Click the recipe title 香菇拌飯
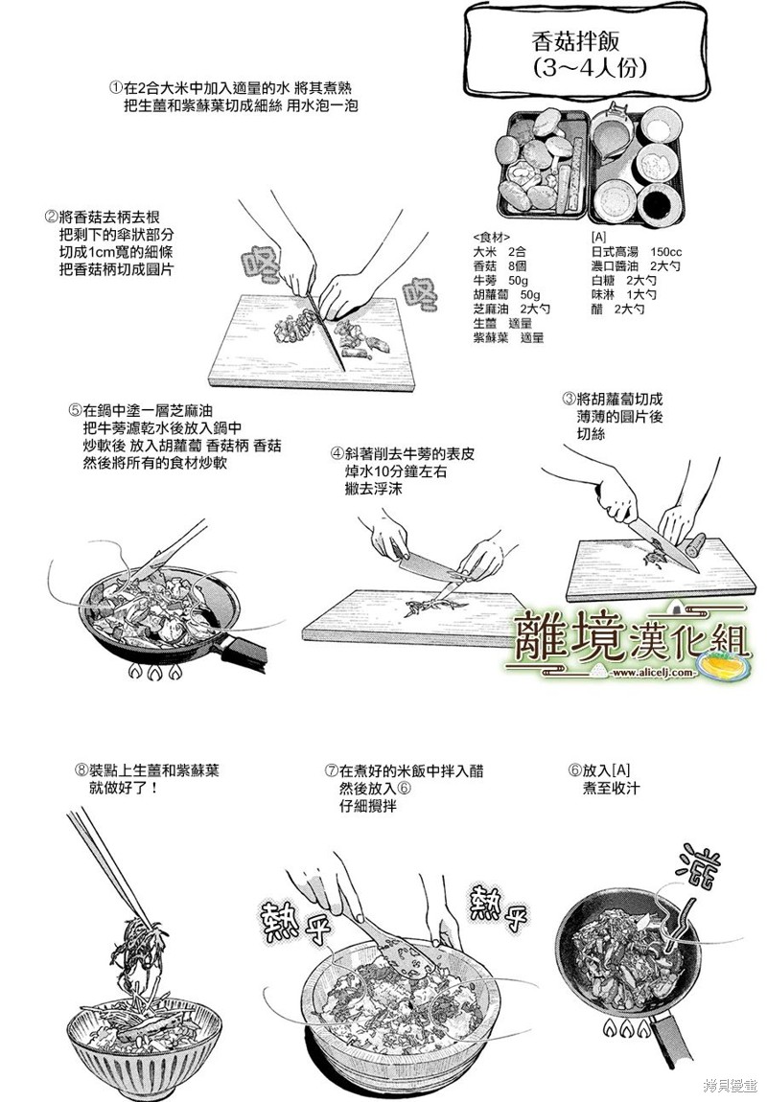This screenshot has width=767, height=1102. tap(576, 41)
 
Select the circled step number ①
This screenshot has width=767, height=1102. tap(115, 89)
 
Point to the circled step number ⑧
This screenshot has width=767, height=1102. tap(81, 770)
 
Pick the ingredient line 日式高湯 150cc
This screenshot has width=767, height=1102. tap(637, 252)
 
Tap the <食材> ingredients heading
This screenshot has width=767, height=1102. tap(492, 237)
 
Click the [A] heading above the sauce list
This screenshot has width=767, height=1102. tap(598, 237)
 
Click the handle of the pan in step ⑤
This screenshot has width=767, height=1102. tap(244, 650)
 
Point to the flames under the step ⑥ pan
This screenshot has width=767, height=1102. tap(624, 1029)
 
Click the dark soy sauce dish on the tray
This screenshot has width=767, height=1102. tap(661, 204)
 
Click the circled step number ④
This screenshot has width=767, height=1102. tap(338, 454)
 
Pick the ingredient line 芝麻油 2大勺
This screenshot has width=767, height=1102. tap(512, 309)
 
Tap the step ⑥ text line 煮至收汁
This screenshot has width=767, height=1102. tap(611, 788)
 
